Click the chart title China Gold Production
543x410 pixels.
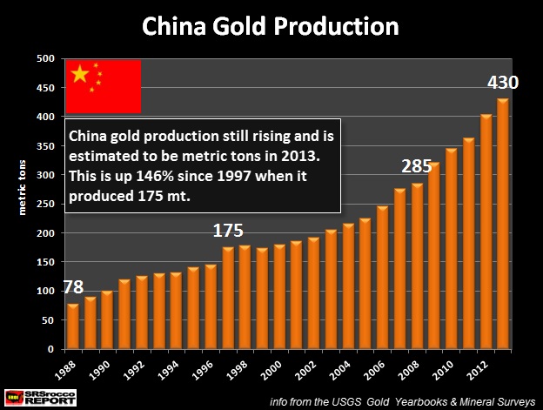[x=271, y=25]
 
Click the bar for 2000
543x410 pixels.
[x=279, y=296]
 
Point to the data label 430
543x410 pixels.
[x=502, y=84]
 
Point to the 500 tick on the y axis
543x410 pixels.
[x=46, y=58]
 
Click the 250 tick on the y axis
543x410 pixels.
[x=46, y=204]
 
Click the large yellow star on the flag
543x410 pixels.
[x=80, y=75]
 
